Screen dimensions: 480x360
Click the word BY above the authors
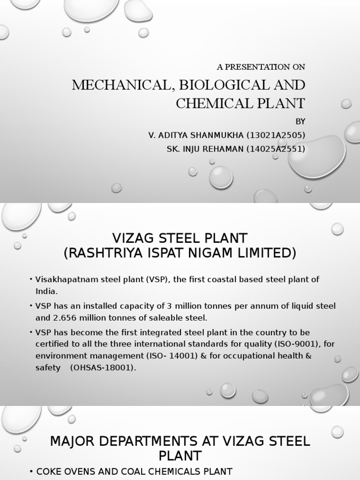point(300,121)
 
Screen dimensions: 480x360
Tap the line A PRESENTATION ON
point(261,67)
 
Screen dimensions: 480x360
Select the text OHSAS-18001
point(103,367)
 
